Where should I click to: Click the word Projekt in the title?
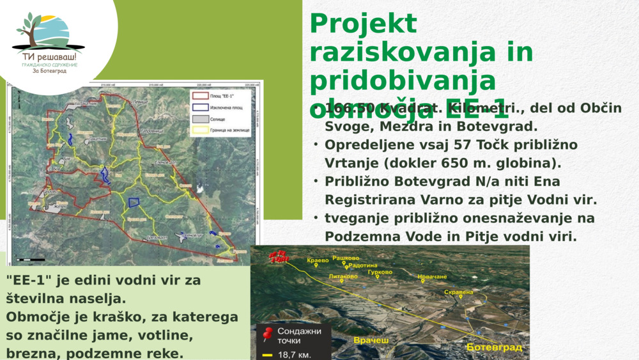click(x=363, y=24)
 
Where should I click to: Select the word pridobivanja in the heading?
click(x=403, y=81)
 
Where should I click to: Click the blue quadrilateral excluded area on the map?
click(x=134, y=202)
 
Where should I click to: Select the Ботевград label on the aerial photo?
click(x=494, y=347)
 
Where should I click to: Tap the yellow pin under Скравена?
click(x=461, y=297)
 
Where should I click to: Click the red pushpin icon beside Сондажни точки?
click(x=268, y=334)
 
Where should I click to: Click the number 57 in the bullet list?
click(x=427, y=145)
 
